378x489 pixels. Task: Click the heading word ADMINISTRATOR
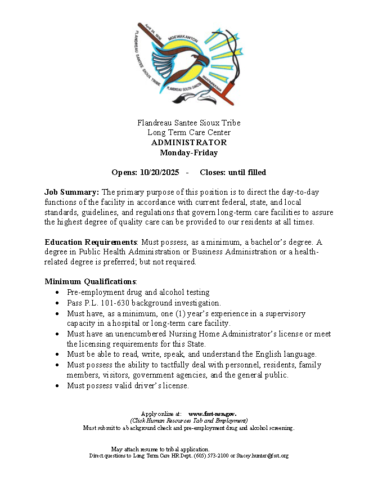189,142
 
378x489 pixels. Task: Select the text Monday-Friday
189,152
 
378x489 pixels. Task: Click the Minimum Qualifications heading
90,281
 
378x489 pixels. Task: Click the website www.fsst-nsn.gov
212,414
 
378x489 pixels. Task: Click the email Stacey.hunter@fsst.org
262,455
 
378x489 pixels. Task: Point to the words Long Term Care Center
189,132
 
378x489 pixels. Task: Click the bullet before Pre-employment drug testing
58,293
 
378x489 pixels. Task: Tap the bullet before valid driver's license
58,386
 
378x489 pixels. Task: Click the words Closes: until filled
233,172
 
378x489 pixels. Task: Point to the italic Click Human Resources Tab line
188,420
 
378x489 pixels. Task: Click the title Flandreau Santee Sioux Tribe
189,123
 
